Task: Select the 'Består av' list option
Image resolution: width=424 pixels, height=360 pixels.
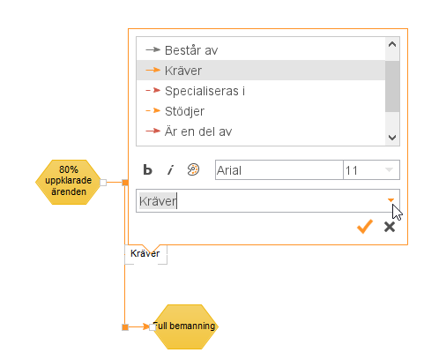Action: (191, 50)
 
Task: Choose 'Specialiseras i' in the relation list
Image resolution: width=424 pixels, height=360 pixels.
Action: (205, 91)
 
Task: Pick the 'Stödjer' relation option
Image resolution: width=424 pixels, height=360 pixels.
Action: (184, 111)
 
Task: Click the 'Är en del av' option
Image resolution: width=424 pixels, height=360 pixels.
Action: (198, 131)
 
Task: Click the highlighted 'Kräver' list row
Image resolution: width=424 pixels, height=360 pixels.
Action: (261, 71)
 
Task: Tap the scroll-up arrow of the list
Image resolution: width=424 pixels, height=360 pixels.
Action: (392, 44)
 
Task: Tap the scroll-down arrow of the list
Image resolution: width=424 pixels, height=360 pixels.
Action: (392, 138)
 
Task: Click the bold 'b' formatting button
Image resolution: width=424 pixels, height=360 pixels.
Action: (147, 169)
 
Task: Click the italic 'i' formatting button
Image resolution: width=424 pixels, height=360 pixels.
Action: (170, 169)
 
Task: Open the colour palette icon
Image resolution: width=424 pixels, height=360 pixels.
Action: (193, 169)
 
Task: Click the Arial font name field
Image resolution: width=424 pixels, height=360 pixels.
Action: (279, 170)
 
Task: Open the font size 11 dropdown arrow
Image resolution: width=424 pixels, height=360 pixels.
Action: (389, 170)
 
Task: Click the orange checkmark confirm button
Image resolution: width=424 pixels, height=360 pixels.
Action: (365, 227)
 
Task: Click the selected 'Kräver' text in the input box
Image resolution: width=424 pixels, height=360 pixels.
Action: (158, 201)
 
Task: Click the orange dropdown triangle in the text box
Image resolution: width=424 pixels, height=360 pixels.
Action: (391, 200)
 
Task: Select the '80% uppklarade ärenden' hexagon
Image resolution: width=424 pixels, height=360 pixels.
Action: (69, 182)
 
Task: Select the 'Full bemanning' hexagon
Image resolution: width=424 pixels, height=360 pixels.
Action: (185, 326)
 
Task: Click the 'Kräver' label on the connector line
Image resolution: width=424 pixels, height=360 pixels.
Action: (145, 253)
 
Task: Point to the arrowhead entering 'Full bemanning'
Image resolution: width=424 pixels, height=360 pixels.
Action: (145, 326)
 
